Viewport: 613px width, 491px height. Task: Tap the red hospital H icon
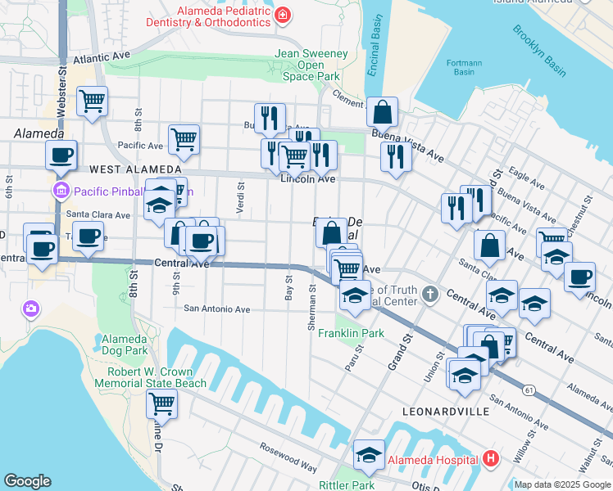point(491,458)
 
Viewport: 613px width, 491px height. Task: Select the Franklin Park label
point(351,333)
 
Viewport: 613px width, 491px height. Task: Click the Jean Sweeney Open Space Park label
point(311,65)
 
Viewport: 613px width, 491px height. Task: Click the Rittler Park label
point(346,484)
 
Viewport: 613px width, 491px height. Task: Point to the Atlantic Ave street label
point(102,59)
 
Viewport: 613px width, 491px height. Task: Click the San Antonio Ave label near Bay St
point(216,309)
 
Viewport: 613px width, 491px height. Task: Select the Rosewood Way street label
point(288,458)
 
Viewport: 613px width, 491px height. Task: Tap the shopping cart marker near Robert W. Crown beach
point(162,403)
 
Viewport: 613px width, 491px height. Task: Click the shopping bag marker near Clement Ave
point(383,111)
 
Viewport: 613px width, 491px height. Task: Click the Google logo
point(27,481)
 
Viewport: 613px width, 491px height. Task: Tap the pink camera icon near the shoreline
point(31,309)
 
